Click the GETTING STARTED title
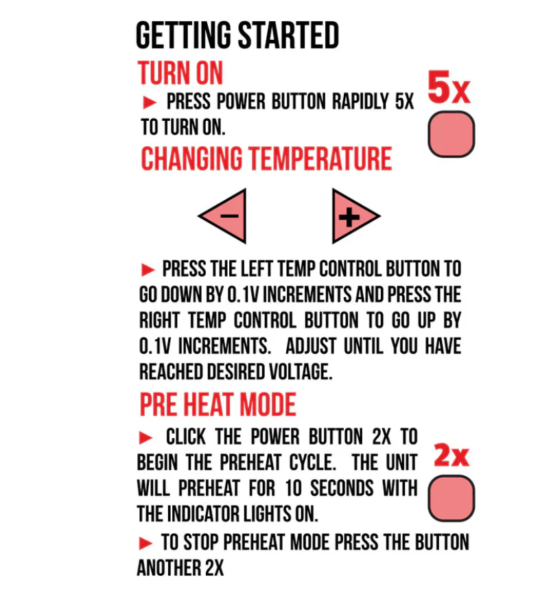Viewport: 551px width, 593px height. tap(237, 35)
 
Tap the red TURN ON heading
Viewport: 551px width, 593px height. tap(180, 73)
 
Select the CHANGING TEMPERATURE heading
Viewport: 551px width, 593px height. tap(266, 159)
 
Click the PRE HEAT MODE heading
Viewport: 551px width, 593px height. tap(218, 404)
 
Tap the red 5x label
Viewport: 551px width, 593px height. tap(449, 87)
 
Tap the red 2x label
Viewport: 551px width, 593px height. tap(452, 455)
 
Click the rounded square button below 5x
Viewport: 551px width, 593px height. tap(452, 134)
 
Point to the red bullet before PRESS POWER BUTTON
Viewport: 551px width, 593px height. tap(150, 102)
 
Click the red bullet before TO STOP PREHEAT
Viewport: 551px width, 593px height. tap(145, 543)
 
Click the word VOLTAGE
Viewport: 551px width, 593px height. tap(301, 371)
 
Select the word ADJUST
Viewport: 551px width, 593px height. tap(311, 346)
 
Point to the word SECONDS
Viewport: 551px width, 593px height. tap(342, 488)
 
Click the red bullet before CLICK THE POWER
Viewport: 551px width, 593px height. tap(145, 438)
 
